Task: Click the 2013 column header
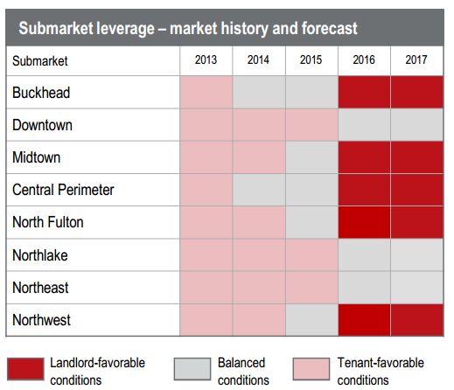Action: [x=206, y=60]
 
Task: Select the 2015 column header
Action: [x=311, y=60]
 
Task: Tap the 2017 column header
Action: [x=416, y=60]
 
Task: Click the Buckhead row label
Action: [x=41, y=92]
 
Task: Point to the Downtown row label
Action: [x=42, y=125]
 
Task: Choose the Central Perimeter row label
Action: [x=63, y=190]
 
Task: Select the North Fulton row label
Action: [x=48, y=222]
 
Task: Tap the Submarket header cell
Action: [x=40, y=61]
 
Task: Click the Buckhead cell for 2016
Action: [x=364, y=93]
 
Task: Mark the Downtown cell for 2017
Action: [x=416, y=125]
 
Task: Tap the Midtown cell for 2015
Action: [x=311, y=157]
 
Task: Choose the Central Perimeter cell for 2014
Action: [x=258, y=190]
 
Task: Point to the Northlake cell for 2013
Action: [x=206, y=255]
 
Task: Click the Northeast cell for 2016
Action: [x=364, y=288]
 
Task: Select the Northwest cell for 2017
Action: [x=416, y=320]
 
